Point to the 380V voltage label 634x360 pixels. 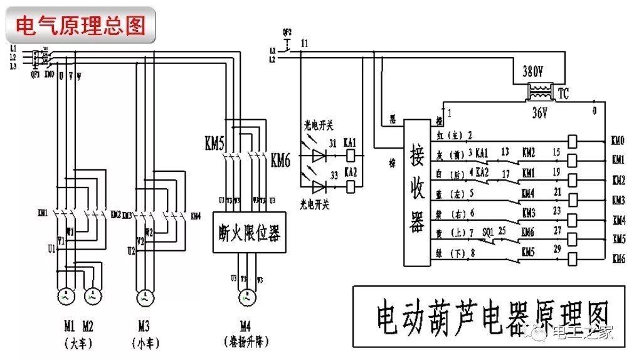pyautogui.click(x=534, y=72)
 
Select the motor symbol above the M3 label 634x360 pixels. pyautogui.click(x=144, y=295)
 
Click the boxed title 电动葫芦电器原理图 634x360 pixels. pyautogui.click(x=489, y=317)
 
